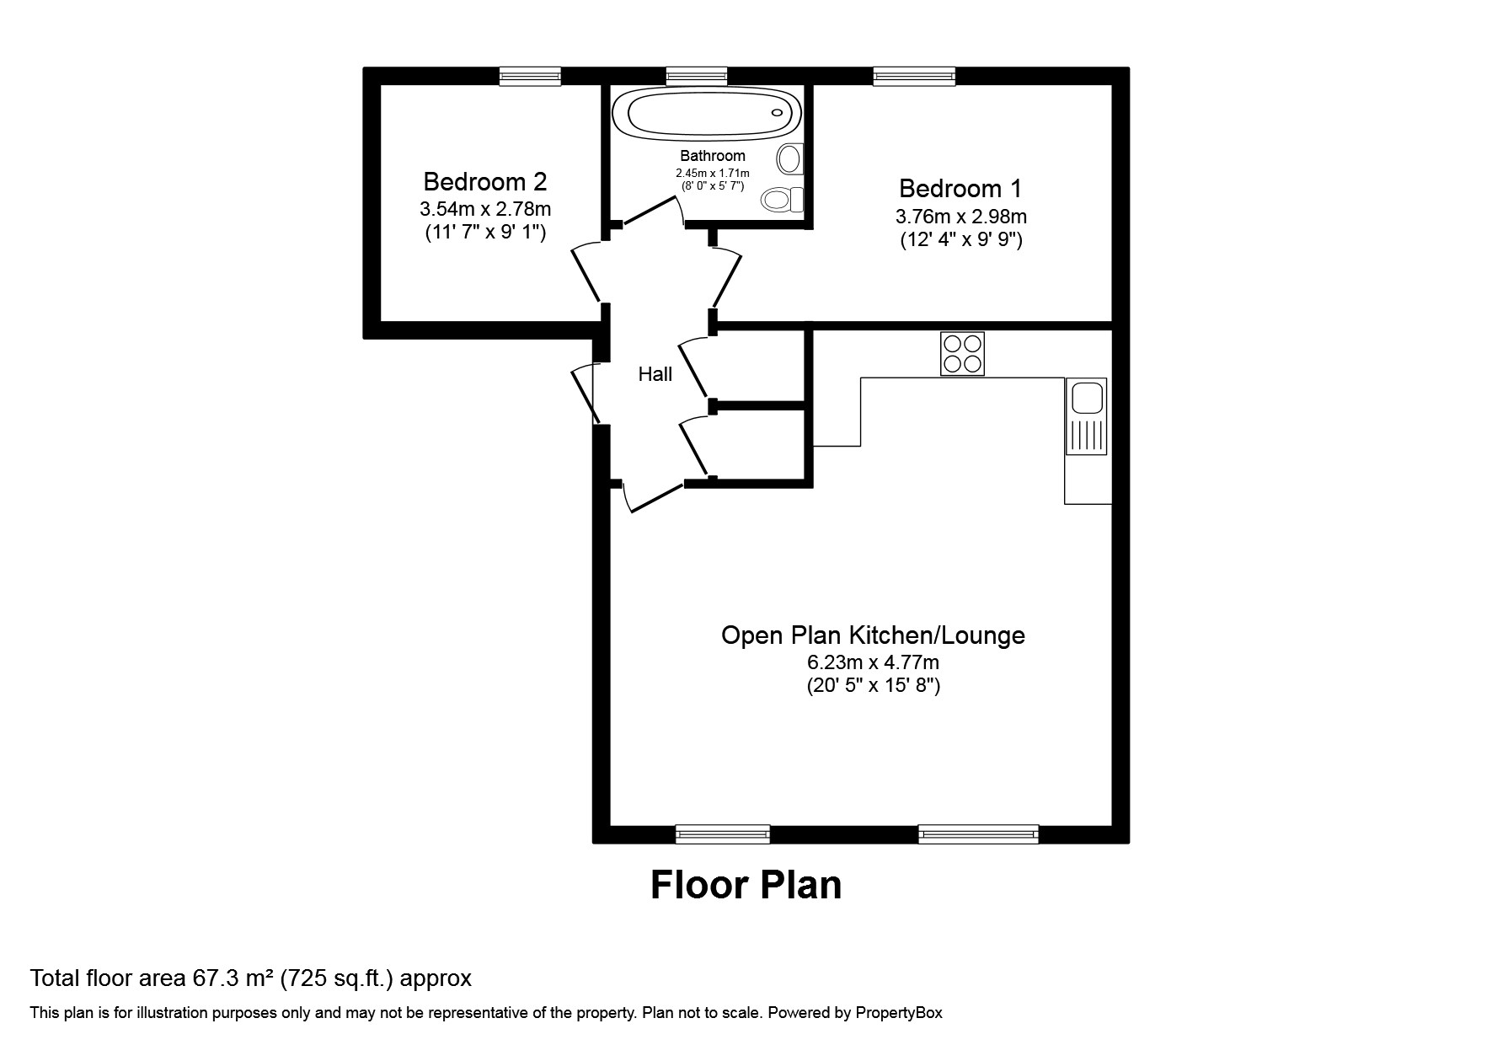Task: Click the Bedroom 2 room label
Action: tap(484, 181)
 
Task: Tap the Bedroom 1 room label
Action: tap(960, 188)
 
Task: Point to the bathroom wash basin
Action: tap(791, 158)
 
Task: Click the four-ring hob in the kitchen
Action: tap(962, 353)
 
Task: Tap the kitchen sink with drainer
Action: tap(1086, 416)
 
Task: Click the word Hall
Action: tap(655, 374)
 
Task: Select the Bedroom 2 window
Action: tap(530, 77)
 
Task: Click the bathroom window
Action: tap(696, 77)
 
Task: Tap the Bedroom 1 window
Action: tap(914, 77)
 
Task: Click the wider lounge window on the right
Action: tap(978, 833)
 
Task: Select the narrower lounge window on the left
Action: tap(723, 833)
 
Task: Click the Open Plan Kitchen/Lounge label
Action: tap(873, 635)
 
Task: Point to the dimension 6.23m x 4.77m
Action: tap(873, 662)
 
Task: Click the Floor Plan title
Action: tap(746, 885)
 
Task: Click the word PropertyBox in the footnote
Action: tap(898, 1013)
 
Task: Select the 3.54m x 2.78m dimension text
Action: tap(485, 208)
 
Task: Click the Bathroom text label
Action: tap(713, 155)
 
